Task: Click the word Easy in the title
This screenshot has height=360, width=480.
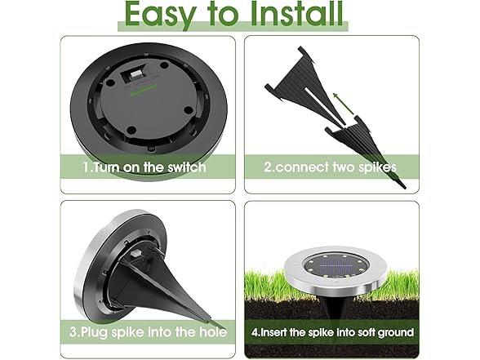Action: (160, 15)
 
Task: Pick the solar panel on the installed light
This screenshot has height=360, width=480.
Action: (336, 268)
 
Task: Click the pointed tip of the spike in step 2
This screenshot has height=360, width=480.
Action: (405, 188)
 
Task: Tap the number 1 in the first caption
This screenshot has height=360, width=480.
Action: (86, 167)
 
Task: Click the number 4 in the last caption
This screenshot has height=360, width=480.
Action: (255, 332)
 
